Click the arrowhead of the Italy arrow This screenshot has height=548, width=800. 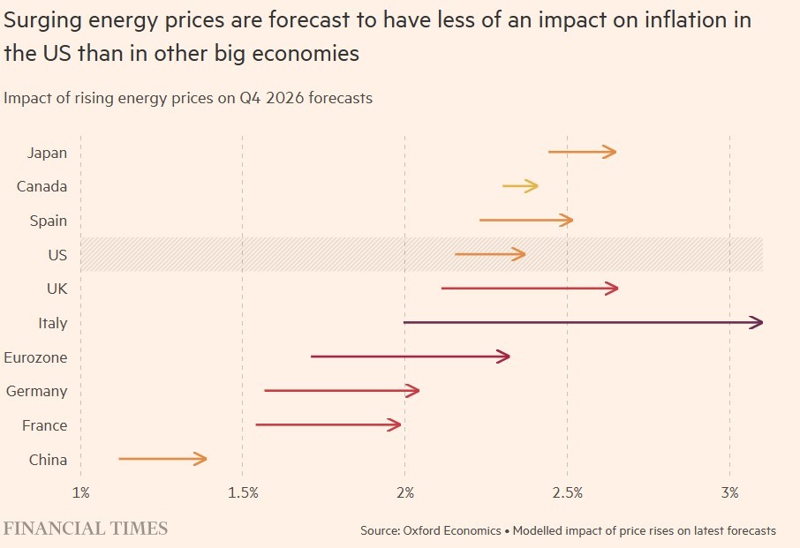(758, 323)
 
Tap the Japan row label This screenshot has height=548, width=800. (47, 153)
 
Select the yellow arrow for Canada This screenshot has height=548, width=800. (520, 186)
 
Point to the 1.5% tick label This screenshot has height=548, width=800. (243, 492)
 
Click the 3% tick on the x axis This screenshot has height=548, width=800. (729, 492)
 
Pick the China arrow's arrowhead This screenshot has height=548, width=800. (202, 459)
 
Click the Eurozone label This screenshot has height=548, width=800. (35, 357)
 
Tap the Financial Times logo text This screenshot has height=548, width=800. (86, 529)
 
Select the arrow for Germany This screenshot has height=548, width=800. (342, 391)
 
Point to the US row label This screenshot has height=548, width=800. (57, 255)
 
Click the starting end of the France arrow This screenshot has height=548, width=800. (257, 425)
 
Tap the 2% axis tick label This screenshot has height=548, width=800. (405, 492)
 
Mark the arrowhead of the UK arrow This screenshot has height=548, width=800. (613, 289)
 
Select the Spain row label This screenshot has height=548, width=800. (49, 221)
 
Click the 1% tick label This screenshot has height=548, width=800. (80, 492)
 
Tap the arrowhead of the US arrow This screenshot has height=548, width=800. (520, 255)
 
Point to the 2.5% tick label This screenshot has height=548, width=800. (567, 492)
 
